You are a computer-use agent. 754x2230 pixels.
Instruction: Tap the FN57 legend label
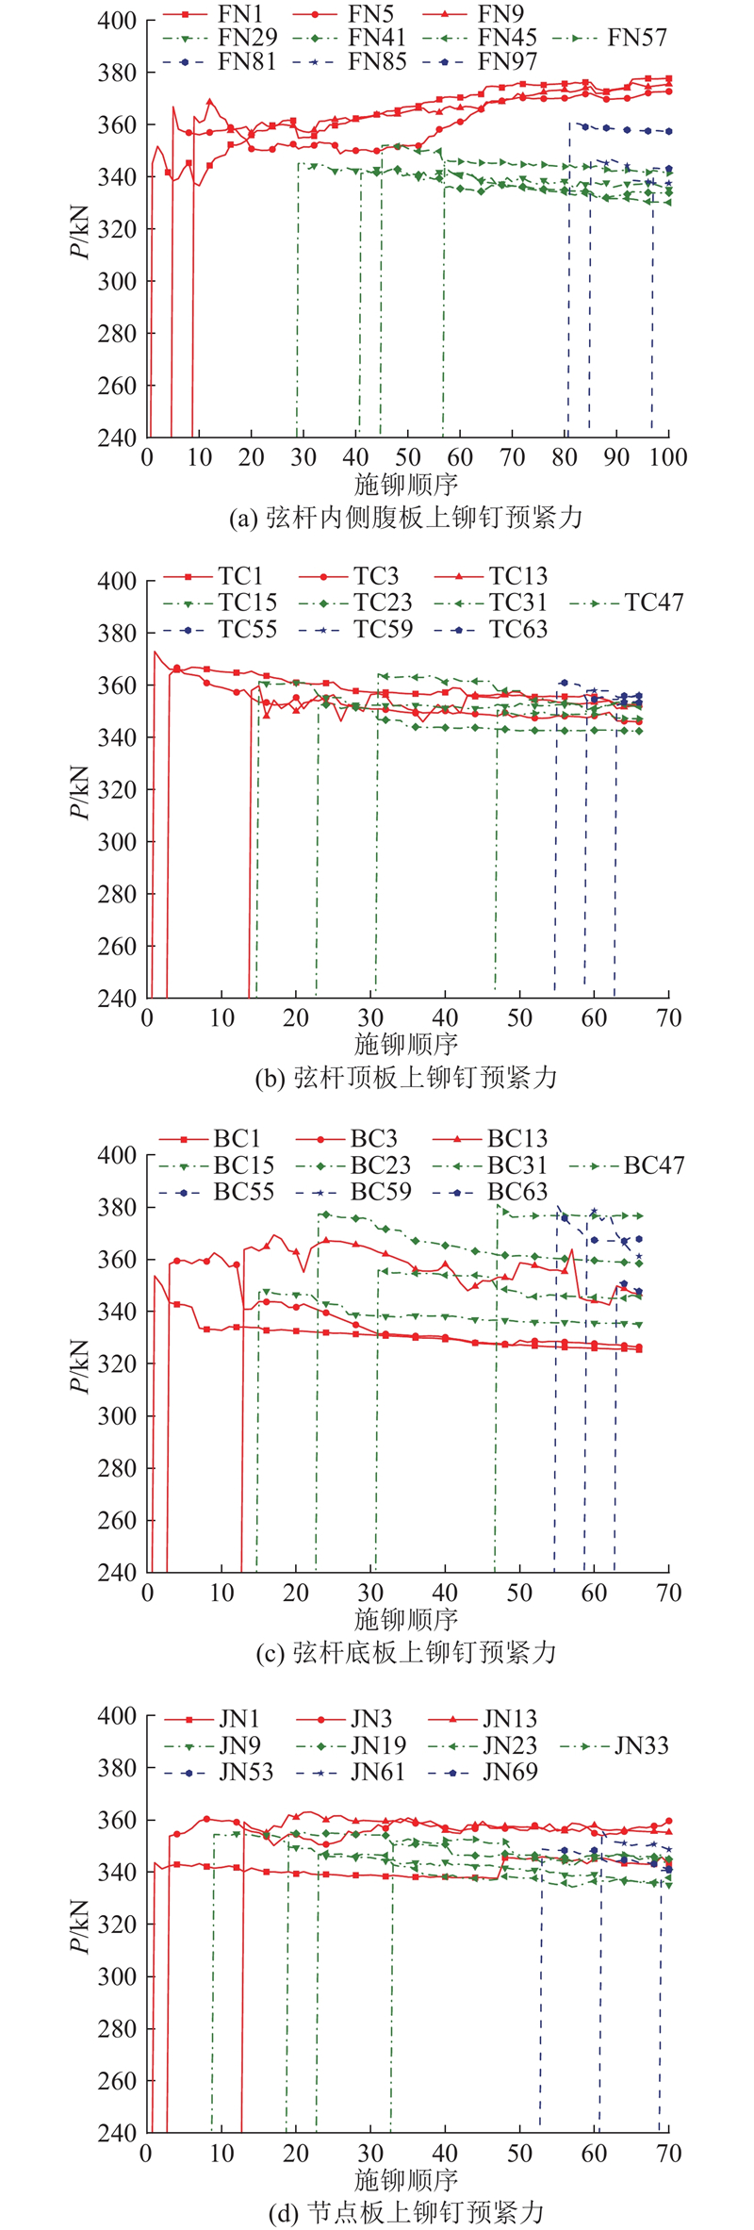637,38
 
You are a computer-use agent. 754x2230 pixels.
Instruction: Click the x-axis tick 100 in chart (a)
668,457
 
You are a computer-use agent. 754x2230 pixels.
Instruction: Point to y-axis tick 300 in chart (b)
117,842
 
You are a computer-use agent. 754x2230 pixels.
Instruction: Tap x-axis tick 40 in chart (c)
445,1594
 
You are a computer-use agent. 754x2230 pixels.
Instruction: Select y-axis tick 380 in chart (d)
117,1768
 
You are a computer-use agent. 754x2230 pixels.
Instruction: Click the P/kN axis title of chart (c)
83,1364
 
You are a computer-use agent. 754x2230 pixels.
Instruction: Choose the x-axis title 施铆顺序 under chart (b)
406,1044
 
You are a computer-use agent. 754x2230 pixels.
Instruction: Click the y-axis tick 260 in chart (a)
117,386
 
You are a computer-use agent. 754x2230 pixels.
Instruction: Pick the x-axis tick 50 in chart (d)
519,2156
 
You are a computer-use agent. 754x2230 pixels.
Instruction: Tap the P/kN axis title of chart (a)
83,229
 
